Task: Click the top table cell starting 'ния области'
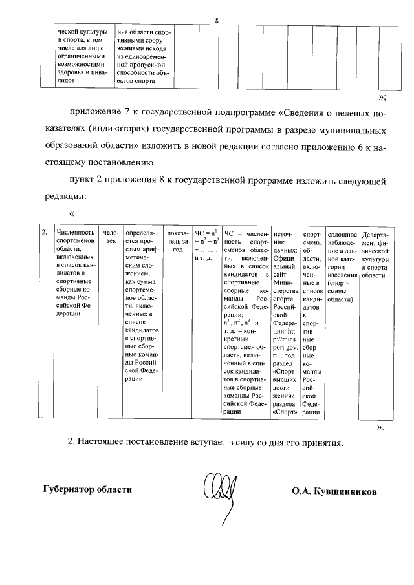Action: coord(144,55)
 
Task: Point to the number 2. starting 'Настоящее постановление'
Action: coord(72,442)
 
